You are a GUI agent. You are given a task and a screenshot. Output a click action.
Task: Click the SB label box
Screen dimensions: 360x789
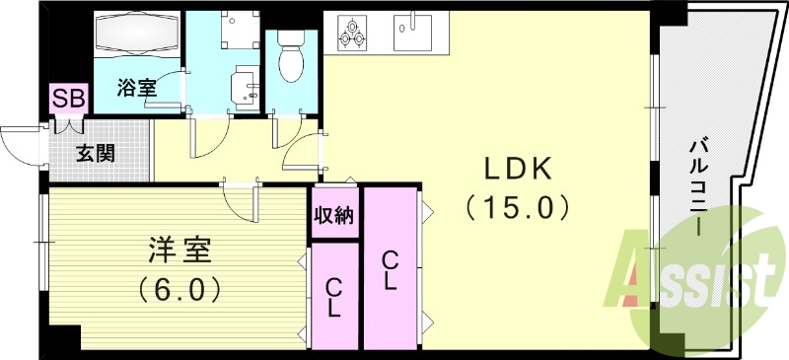(x=69, y=98)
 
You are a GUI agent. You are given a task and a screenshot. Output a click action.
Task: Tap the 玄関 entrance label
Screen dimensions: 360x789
(x=97, y=153)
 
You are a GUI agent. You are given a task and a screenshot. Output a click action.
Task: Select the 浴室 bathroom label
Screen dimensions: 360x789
(x=138, y=88)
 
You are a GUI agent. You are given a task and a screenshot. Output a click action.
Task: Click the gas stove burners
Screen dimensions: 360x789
(x=352, y=32)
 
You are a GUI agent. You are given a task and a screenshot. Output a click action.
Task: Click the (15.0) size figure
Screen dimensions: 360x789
(x=517, y=208)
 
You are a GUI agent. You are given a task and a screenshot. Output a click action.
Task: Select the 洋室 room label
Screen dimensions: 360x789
(x=178, y=251)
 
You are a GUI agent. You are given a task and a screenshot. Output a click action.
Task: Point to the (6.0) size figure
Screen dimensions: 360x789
(x=178, y=291)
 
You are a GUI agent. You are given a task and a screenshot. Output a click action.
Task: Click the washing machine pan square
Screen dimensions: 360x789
(x=238, y=32)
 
